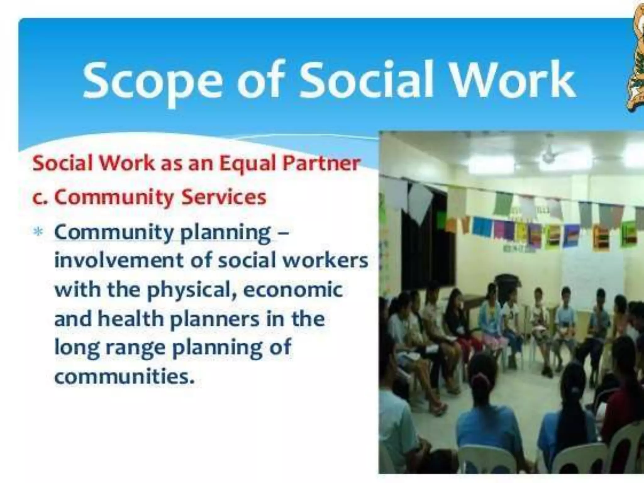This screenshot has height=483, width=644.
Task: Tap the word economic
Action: [292, 290]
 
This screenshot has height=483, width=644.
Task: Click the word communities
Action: [125, 376]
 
